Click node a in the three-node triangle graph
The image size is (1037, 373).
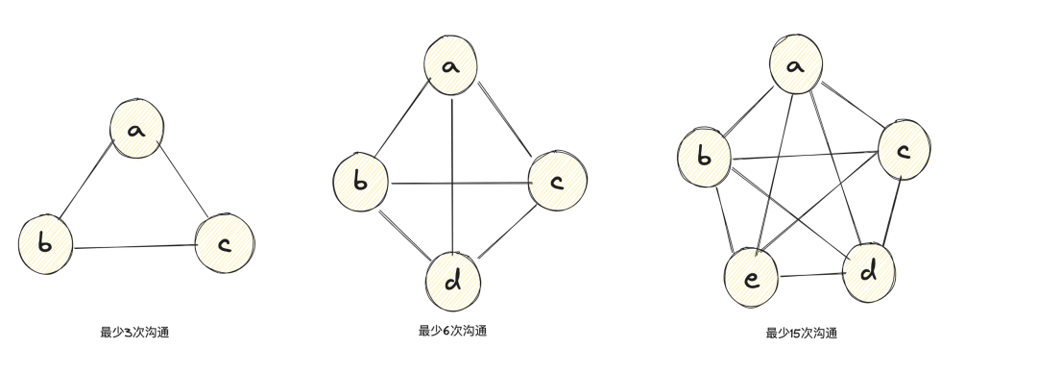135,130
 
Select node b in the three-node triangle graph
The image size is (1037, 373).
46,242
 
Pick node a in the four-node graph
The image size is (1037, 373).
451,66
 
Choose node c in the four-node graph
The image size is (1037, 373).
557,179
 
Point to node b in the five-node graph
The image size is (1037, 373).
704,156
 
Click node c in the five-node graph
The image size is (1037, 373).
903,150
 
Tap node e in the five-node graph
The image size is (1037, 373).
752,278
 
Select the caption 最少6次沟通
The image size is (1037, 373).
452,332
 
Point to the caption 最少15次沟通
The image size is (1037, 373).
801,334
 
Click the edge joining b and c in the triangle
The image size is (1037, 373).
134,247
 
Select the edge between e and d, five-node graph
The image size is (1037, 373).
809,277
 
